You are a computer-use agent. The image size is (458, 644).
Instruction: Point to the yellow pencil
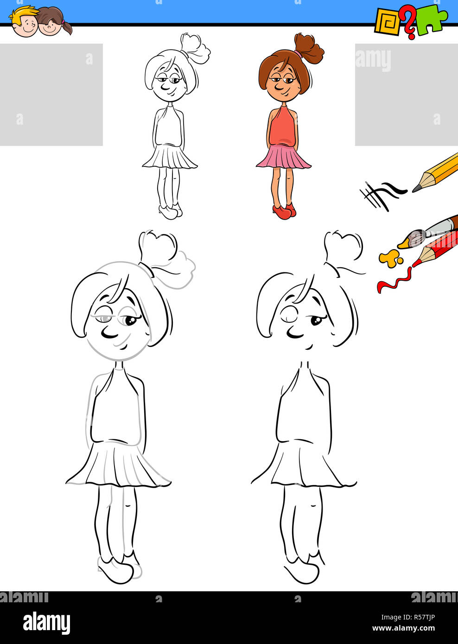coord(438,172)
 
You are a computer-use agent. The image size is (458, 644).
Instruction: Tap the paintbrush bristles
coord(415,238)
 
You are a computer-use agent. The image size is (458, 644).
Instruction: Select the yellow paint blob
coord(389,258)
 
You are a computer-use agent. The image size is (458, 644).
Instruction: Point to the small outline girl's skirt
coord(170,157)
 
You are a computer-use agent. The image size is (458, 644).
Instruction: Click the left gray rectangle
coord(51,95)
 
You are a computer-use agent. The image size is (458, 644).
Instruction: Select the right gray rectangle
coord(406,95)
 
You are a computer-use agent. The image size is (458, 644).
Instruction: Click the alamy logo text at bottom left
coord(46,623)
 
